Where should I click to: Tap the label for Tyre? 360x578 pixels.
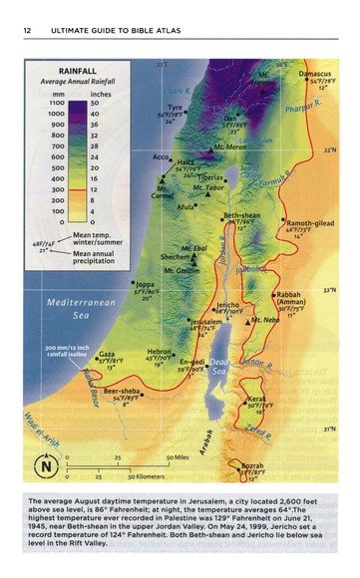176,107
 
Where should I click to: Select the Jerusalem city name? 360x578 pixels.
206,323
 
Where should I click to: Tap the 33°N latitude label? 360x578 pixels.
328,150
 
